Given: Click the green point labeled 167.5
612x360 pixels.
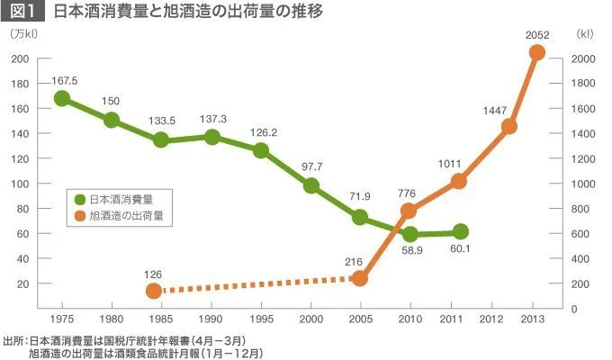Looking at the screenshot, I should [62, 98].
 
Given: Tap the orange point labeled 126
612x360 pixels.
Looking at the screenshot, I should [154, 291].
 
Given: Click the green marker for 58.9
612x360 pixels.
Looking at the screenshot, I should [410, 234].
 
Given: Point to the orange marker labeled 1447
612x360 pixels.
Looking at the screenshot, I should [509, 126].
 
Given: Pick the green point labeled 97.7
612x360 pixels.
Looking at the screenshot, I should [311, 185].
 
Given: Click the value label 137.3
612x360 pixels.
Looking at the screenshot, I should [212, 120].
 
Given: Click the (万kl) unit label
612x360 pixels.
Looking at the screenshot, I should [23, 36].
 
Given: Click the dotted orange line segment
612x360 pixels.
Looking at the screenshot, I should [256, 284].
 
